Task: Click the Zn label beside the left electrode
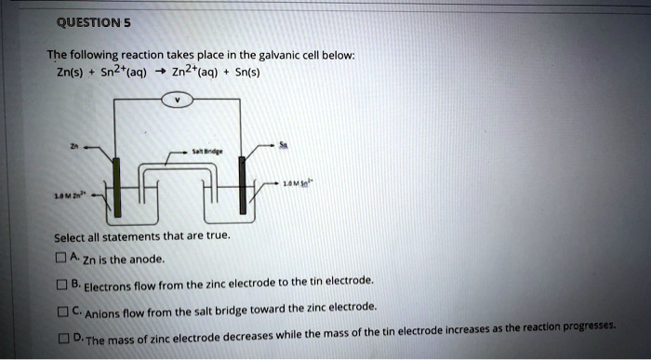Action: point(74,145)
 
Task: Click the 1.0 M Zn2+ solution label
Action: point(70,197)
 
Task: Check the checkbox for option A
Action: point(62,258)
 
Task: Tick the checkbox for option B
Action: point(62,283)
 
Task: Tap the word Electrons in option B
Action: point(108,284)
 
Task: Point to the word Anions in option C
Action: point(103,312)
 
